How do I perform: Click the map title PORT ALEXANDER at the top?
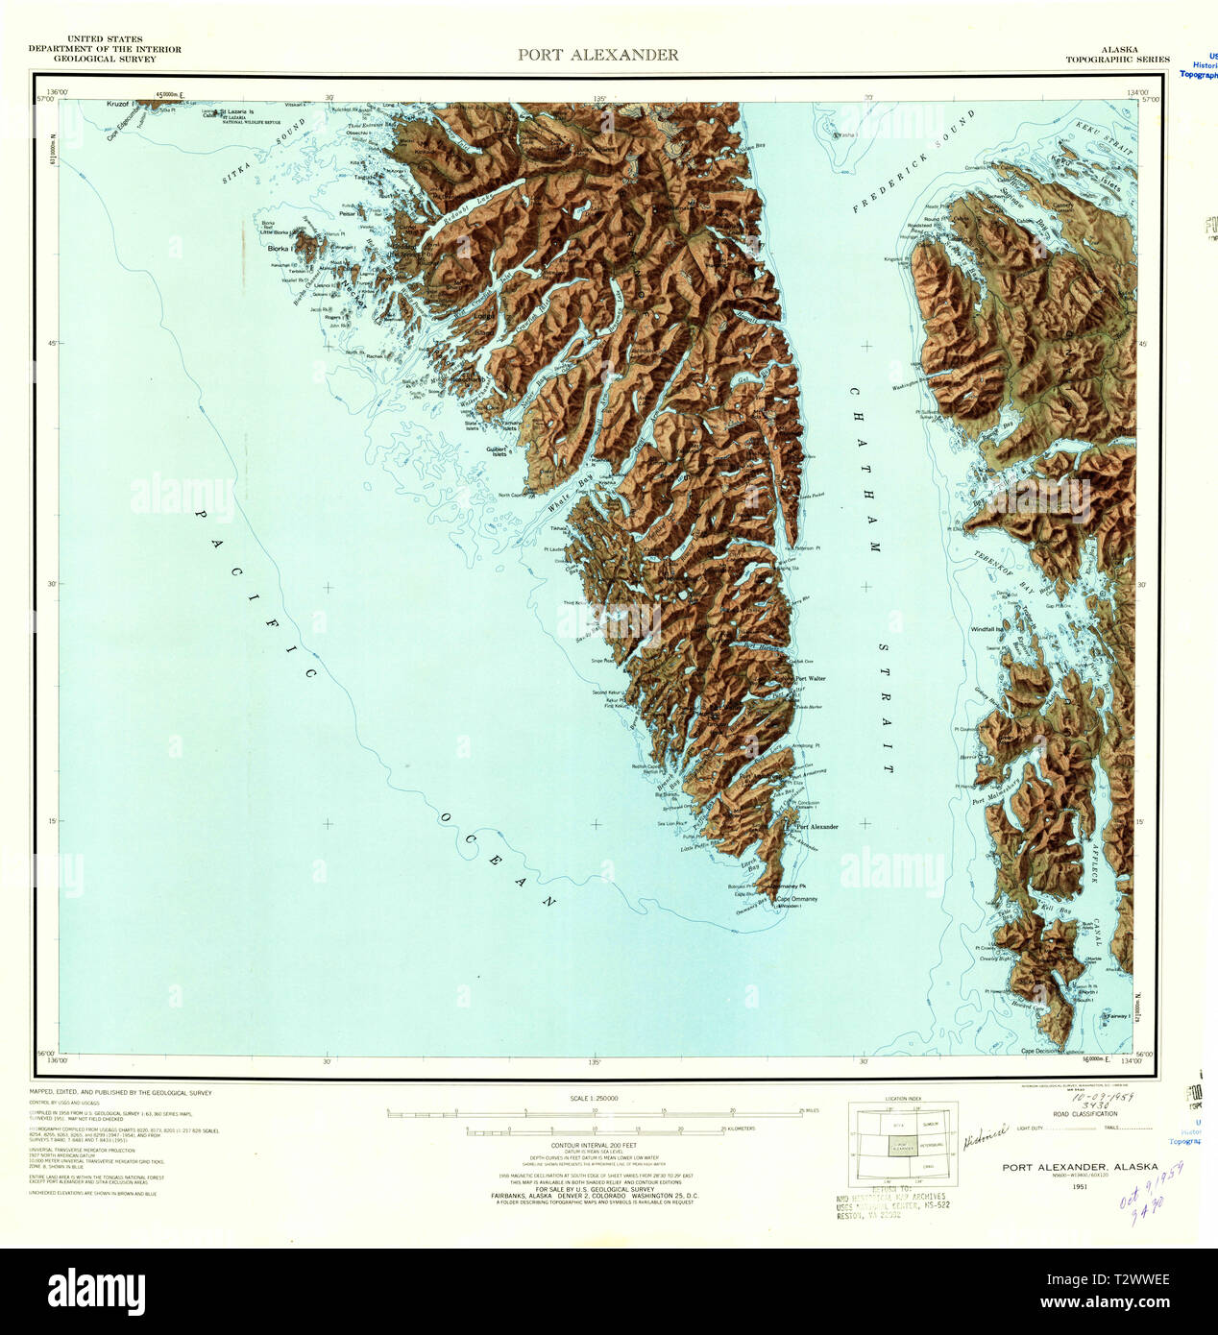pyautogui.click(x=597, y=55)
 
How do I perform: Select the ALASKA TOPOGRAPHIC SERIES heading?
pyautogui.click(x=1117, y=54)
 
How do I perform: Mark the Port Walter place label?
pyautogui.click(x=810, y=678)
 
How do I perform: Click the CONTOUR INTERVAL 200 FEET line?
pyautogui.click(x=596, y=1146)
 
